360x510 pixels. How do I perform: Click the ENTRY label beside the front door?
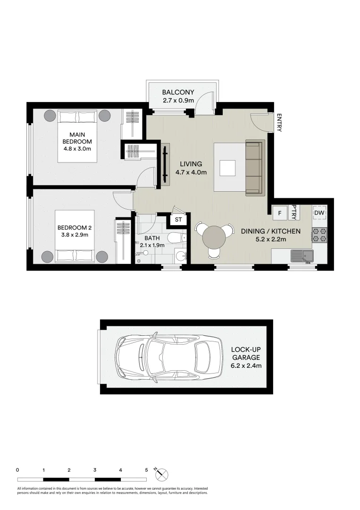coord(279,122)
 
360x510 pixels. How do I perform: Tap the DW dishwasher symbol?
coord(319,213)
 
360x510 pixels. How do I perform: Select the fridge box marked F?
coord(280,213)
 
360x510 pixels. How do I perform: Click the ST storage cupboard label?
coord(178,220)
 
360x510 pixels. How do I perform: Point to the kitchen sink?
coord(302,256)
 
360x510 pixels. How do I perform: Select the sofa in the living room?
coord(255,168)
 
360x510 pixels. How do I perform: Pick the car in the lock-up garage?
coord(169,357)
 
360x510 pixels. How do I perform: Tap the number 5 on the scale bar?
coord(147,470)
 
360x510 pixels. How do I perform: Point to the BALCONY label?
coord(178,93)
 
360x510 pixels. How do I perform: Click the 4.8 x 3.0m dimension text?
coord(77,149)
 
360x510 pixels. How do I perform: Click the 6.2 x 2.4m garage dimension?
coord(246,365)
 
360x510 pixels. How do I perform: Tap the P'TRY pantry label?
coord(294,212)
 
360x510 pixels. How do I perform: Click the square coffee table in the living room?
coord(227,168)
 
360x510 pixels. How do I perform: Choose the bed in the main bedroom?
coord(77,136)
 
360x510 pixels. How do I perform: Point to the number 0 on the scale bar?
coord(17,470)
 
